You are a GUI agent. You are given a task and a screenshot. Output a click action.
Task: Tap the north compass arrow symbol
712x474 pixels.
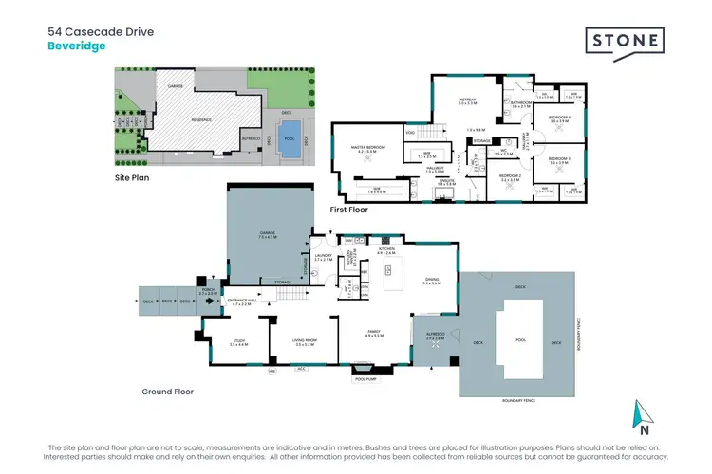644,411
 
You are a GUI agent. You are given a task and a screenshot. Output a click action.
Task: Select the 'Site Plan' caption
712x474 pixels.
134,177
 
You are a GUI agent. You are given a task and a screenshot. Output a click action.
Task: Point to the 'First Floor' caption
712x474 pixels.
348,210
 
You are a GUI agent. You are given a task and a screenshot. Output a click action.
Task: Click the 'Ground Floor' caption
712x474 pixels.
168,391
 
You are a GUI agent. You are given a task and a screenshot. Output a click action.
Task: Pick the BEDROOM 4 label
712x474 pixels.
558,117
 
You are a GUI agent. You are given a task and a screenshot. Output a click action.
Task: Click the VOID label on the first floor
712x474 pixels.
409,133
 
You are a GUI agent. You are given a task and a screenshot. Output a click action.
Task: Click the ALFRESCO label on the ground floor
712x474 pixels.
433,333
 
